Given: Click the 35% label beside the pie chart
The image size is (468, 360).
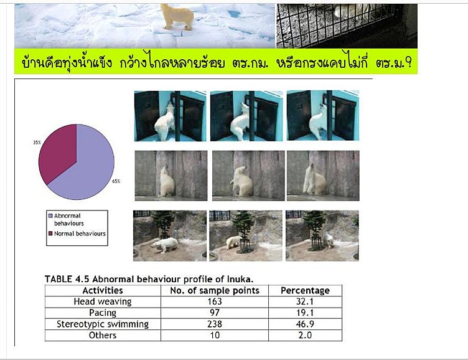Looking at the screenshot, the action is coord(37,143).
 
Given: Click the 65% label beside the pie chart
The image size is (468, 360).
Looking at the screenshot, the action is coord(116,181).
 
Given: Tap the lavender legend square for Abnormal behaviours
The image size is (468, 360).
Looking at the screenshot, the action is coord(50,216).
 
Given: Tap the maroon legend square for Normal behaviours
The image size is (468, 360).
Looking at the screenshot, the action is coord(50,234).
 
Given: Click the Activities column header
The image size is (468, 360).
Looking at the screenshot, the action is coord(103,290).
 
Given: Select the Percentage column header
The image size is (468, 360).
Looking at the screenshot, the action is coord(305,290).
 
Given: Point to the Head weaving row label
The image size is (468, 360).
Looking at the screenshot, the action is coord(103,301).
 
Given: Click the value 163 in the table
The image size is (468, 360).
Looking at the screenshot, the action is coord(215,301).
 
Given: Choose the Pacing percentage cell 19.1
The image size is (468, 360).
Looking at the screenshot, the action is coord(305,313).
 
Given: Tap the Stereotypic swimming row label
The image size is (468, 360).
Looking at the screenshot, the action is coord(103,324).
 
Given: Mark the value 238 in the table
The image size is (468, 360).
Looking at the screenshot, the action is coord(215,324).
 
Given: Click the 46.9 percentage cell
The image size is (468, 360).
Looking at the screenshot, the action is coord(305,324).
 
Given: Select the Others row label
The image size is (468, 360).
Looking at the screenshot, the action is coord(103,335).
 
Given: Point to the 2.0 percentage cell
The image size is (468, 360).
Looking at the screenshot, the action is coord(305,335).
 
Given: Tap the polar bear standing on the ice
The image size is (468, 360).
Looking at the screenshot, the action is coord(177,16).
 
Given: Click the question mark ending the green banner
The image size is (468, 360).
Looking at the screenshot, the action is coord(409,63).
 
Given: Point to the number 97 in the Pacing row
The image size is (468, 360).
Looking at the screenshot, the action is coord(215,313).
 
